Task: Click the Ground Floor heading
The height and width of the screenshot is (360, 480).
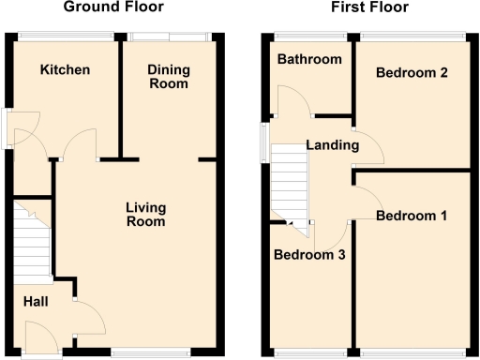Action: tap(113, 7)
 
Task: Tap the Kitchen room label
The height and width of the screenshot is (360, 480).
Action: tap(65, 70)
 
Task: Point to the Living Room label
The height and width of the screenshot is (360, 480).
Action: tap(145, 215)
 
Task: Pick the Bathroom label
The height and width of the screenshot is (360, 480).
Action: tap(308, 60)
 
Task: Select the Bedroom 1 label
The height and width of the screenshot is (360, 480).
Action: tap(411, 216)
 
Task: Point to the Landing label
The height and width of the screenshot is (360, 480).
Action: tap(332, 145)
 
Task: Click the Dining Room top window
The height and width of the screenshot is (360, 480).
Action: tap(170, 37)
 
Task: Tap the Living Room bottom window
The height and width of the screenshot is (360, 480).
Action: tap(150, 352)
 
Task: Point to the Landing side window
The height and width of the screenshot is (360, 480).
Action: tap(265, 144)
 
